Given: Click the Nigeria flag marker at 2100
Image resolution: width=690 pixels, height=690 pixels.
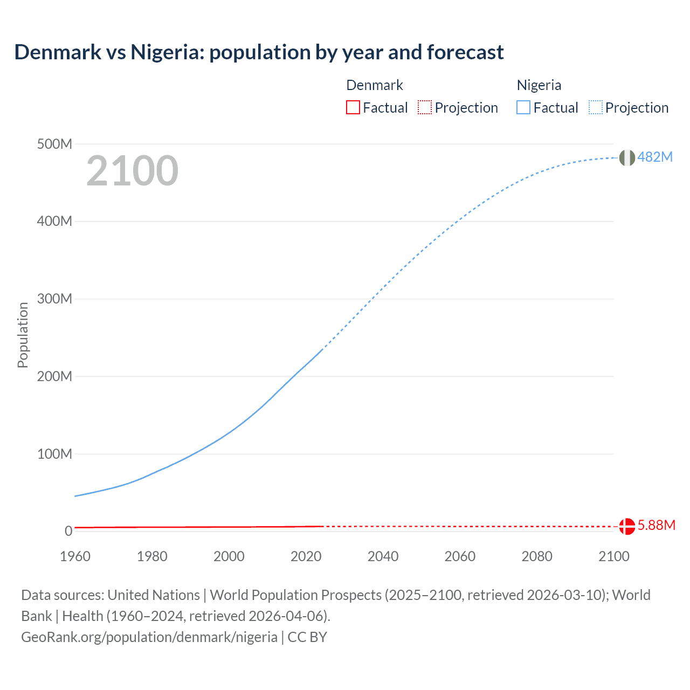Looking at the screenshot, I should click(627, 157).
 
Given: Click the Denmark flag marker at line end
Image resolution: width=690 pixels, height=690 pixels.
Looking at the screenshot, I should click(627, 526).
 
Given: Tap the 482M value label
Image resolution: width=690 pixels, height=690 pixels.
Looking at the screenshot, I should click(655, 157).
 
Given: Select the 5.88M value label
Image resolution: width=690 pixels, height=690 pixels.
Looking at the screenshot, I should click(656, 525).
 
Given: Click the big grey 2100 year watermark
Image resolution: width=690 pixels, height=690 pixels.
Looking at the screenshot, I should click(132, 171).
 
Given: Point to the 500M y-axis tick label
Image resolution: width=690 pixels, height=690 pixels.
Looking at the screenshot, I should click(54, 144).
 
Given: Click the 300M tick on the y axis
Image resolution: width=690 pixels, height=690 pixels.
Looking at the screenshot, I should click(54, 299).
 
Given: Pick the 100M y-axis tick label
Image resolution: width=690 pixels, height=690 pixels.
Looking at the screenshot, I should click(54, 454).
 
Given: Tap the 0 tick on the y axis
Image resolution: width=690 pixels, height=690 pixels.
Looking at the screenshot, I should click(68, 531).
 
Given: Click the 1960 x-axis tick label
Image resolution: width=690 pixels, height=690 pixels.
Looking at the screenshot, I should click(75, 556).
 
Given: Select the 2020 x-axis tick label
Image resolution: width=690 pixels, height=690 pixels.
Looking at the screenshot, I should click(306, 556).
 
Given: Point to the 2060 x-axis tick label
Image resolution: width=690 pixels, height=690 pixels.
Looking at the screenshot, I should click(460, 556).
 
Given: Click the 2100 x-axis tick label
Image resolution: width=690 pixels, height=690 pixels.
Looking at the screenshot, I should click(613, 556).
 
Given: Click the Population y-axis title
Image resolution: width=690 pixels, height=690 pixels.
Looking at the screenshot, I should click(23, 335).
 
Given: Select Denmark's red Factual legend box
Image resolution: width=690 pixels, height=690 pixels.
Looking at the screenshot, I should click(353, 107).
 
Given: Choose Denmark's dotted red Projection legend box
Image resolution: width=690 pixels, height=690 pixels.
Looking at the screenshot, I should click(425, 107).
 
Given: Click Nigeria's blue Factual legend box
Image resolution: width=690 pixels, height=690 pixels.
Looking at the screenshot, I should click(523, 107).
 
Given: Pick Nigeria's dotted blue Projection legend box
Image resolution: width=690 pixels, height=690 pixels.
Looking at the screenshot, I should click(595, 107).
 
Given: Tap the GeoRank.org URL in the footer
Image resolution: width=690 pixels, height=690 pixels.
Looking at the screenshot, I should click(149, 637).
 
